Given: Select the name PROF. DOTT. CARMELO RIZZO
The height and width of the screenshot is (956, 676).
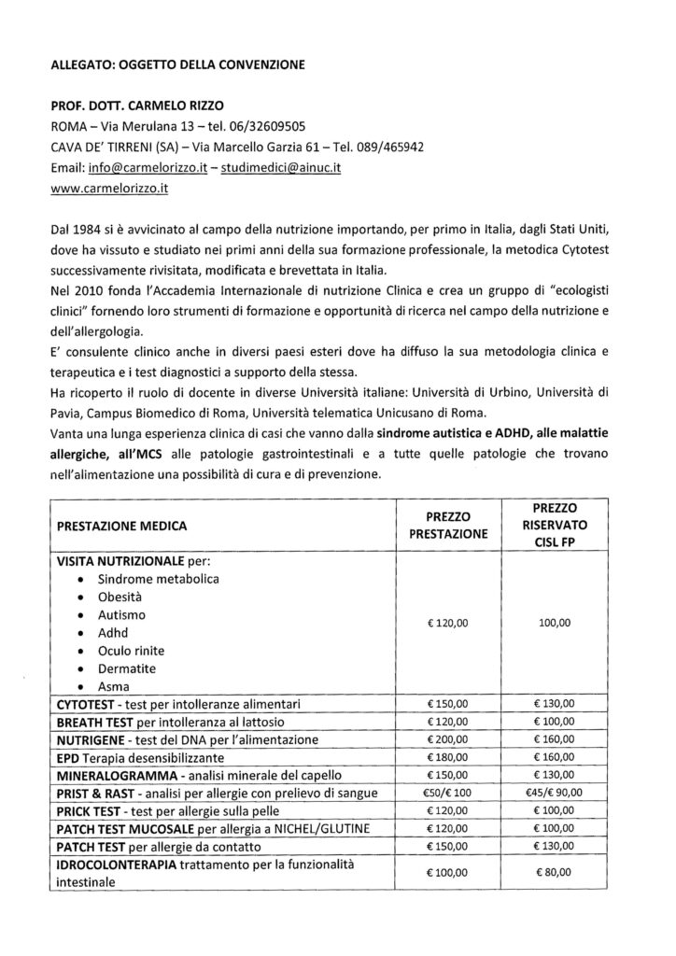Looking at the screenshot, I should (140, 105).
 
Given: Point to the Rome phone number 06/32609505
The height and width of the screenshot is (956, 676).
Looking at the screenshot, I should (266, 126).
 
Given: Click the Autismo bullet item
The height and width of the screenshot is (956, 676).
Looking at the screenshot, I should (123, 616).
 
